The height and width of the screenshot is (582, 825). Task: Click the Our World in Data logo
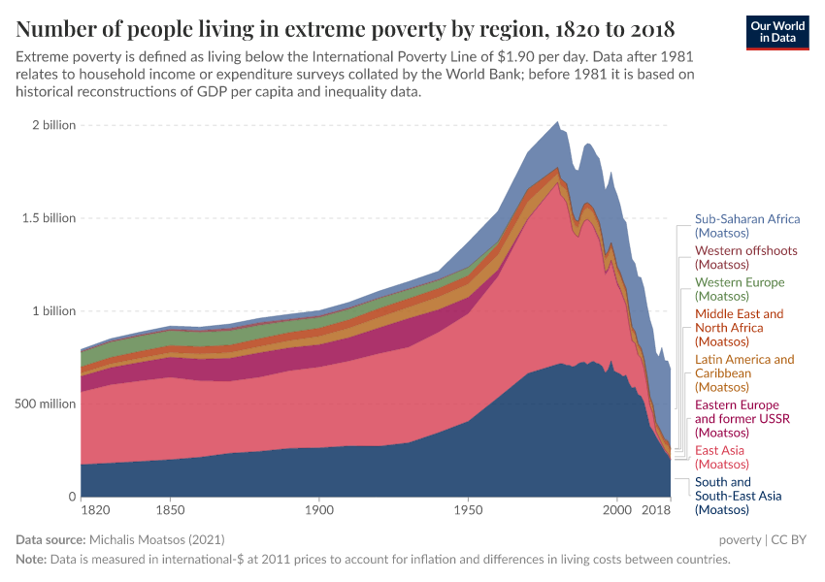(x=776, y=31)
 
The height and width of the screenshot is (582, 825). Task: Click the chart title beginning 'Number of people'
(x=346, y=26)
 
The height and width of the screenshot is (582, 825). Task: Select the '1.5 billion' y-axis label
(x=46, y=218)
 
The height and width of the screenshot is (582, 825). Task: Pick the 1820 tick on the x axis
(x=95, y=508)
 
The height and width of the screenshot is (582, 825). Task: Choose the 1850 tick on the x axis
(x=170, y=508)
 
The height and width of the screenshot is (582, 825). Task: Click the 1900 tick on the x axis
(x=318, y=508)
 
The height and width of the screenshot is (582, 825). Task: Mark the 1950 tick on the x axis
(x=468, y=508)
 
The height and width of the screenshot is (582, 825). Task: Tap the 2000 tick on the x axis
(x=616, y=508)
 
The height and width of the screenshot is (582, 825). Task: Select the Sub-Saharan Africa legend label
(x=747, y=226)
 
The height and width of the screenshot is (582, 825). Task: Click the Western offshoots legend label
(x=740, y=257)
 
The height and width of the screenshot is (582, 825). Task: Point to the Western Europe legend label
(x=740, y=289)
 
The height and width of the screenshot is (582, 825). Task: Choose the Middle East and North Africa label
(x=740, y=328)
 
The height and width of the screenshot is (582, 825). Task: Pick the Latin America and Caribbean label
(x=744, y=373)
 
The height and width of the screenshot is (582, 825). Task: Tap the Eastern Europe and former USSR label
(x=742, y=418)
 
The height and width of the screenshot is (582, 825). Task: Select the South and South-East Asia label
(x=738, y=496)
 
